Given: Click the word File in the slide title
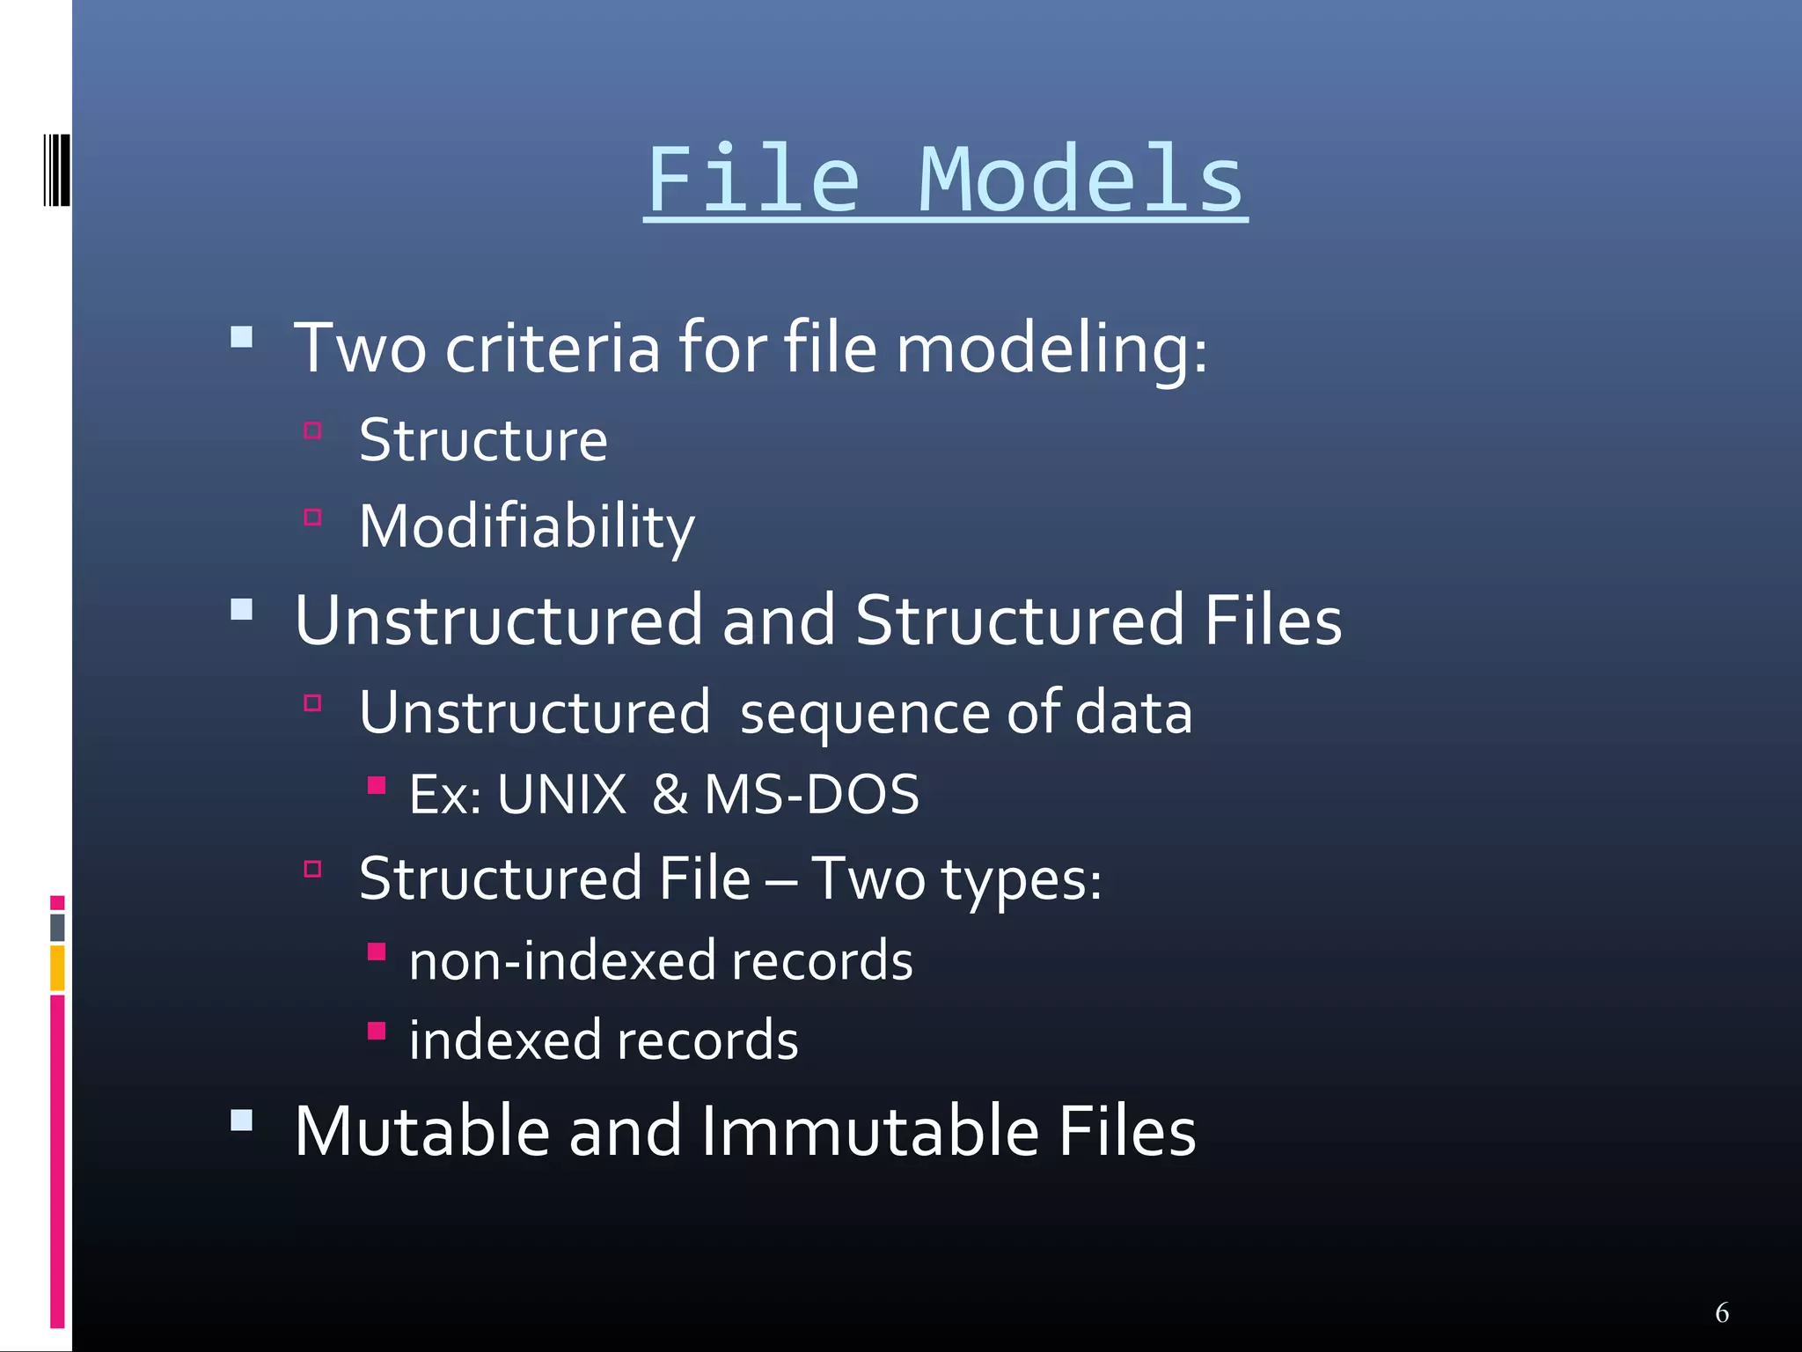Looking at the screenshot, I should [753, 180].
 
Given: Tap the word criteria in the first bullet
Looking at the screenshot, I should [552, 349].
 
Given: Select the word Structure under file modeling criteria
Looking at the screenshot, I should [483, 440].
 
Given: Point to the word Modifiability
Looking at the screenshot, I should [526, 527].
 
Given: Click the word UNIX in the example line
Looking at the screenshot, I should [561, 795].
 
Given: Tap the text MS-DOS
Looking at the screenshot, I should [811, 795].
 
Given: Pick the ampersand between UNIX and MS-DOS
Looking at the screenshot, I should [670, 795].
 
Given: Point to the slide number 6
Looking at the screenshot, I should [1722, 1312].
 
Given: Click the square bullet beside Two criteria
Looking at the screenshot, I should [241, 338].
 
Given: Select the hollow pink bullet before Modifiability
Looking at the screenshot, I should [312, 517].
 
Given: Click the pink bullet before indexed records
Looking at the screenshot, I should [377, 1031].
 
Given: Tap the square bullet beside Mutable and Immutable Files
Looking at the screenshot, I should [241, 1120].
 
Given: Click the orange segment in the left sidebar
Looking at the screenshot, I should [57, 967].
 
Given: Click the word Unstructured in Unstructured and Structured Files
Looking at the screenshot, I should [498, 621].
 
